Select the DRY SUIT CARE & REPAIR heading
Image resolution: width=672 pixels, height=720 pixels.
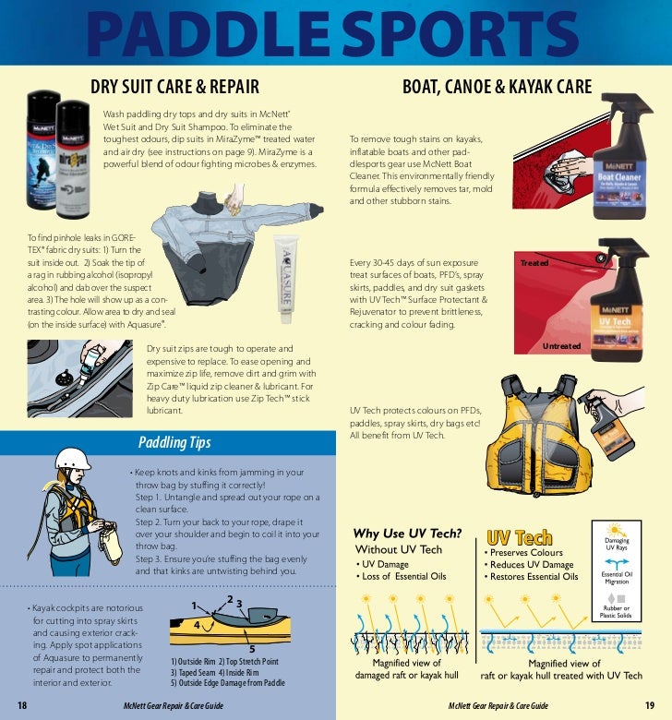coord(174,88)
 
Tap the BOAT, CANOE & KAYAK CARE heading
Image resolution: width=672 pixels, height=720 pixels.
coord(497,88)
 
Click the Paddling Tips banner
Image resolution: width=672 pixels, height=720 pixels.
coord(174,442)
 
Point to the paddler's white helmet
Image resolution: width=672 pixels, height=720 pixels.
coord(70,458)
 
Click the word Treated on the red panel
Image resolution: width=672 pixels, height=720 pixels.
coord(534,263)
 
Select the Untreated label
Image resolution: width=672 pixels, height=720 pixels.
coord(561,346)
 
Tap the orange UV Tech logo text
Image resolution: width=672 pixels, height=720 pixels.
coord(520,537)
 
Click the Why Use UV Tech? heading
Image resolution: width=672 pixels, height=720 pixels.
coord(407,534)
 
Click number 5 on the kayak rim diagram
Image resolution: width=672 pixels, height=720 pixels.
coord(251,649)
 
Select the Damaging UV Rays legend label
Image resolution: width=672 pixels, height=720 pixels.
coord(616,545)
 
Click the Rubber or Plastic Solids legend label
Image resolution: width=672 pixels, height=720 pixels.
coord(615,612)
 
